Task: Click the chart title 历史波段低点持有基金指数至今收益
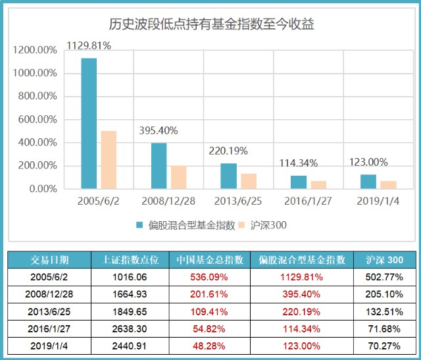click(210, 25)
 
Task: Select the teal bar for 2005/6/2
click(89, 124)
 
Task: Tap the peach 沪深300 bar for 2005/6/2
click(109, 160)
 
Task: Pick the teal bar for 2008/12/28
click(159, 166)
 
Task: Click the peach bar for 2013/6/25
click(248, 181)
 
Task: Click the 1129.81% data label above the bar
click(89, 45)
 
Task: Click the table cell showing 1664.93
click(130, 294)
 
